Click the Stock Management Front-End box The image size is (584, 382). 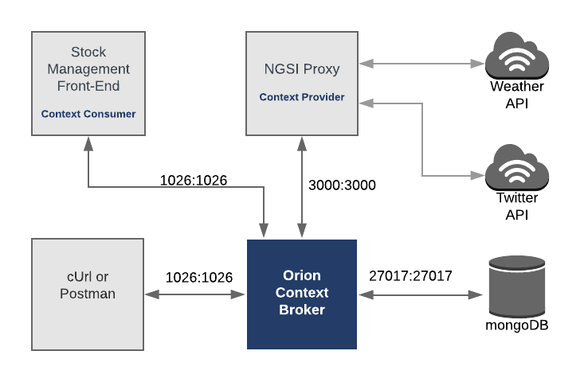coord(88,83)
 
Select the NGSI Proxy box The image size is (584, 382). coord(301,83)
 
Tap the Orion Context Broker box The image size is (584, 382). coord(301,294)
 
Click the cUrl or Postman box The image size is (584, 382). coord(88,294)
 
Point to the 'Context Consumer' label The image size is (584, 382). coord(88,114)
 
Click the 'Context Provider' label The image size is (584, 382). coord(302,97)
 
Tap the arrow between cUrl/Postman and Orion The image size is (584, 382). coord(194,294)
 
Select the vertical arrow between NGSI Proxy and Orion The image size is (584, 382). coord(301,187)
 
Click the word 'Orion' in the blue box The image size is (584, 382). coord(302,275)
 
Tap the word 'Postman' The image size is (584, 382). coord(88,294)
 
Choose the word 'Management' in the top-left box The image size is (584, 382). coord(88,69)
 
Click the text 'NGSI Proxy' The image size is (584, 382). coord(302,69)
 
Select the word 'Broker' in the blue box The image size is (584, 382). coord(302,310)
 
